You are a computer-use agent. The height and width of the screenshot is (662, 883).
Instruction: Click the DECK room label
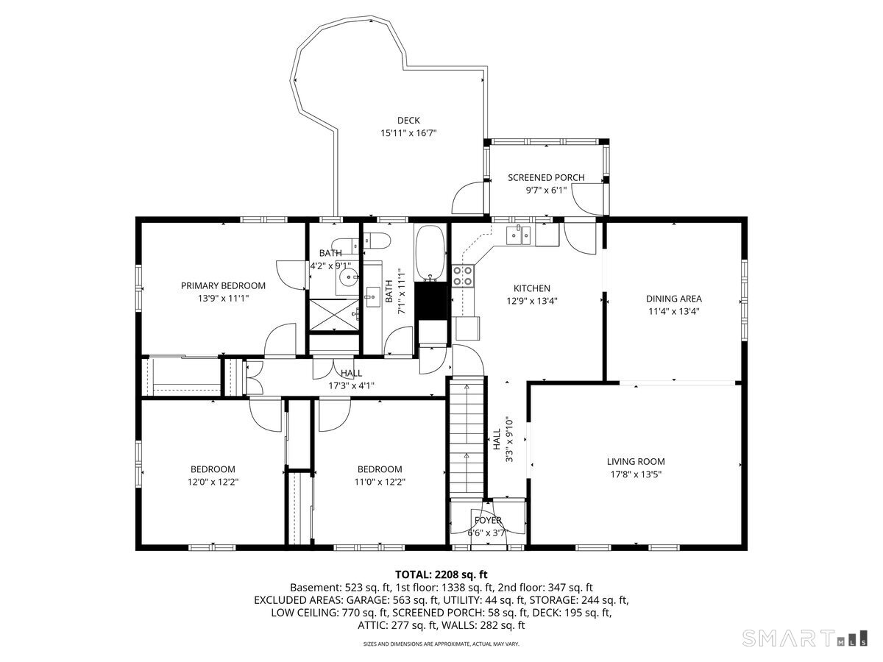(408, 121)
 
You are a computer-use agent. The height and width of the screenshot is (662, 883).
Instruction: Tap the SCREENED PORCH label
(546, 177)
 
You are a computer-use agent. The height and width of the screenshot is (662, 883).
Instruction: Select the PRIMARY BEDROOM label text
(223, 285)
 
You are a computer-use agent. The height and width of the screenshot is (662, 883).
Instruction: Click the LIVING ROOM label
(636, 461)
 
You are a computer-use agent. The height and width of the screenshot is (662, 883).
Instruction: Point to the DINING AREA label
(673, 299)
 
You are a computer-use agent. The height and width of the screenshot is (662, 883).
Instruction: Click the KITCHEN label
(531, 288)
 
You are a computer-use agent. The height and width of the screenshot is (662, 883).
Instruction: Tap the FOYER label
(487, 520)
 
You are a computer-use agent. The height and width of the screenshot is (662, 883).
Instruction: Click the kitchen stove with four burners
(463, 276)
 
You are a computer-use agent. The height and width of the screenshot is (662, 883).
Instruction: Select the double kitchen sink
(521, 235)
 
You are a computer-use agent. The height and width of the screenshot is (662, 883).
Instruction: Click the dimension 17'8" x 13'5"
(636, 474)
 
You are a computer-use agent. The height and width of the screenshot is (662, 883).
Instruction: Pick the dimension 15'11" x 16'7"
(408, 133)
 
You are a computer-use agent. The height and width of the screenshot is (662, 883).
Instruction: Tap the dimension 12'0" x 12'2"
(213, 482)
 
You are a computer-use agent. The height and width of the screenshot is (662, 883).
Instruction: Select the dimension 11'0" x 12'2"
(380, 482)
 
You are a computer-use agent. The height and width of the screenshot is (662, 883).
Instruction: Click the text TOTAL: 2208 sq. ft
(441, 574)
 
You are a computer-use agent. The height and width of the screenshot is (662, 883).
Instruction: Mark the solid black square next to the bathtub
(431, 300)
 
